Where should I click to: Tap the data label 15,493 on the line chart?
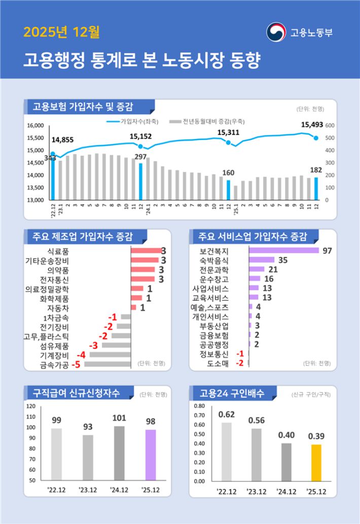tap(312, 124)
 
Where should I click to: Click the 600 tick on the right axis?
tap(330, 125)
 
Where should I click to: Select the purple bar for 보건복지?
tap(284, 251)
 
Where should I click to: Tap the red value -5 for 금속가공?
tap(76, 364)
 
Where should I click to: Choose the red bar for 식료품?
tap(146, 251)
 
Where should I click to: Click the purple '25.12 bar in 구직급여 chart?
tap(151, 455)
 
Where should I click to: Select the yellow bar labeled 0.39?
tap(316, 463)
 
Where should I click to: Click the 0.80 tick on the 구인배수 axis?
tap(198, 406)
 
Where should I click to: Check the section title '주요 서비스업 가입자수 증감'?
tap(253, 236)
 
